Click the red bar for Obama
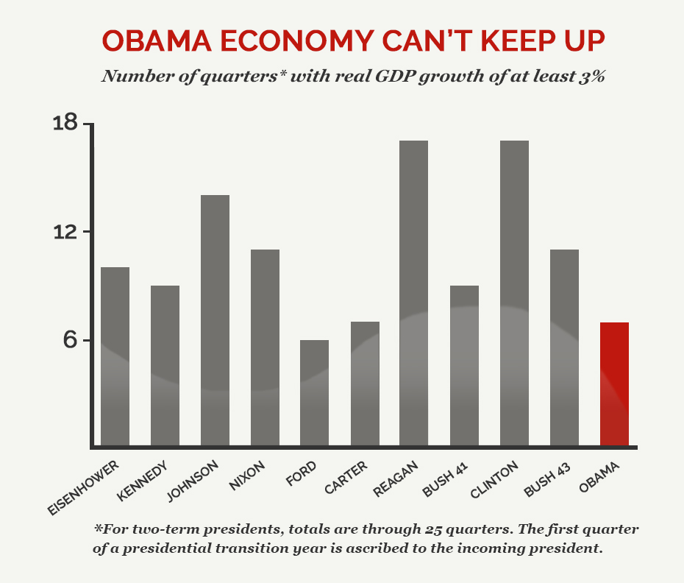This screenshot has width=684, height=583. point(614,384)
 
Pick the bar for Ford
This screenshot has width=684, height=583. point(314,393)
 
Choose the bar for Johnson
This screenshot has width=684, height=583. point(215,320)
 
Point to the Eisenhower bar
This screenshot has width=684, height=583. point(115,356)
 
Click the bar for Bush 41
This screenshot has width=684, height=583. point(464,365)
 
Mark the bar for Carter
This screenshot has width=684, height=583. point(364,384)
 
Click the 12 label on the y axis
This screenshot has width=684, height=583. point(65,232)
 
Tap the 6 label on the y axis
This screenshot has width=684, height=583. point(71,340)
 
